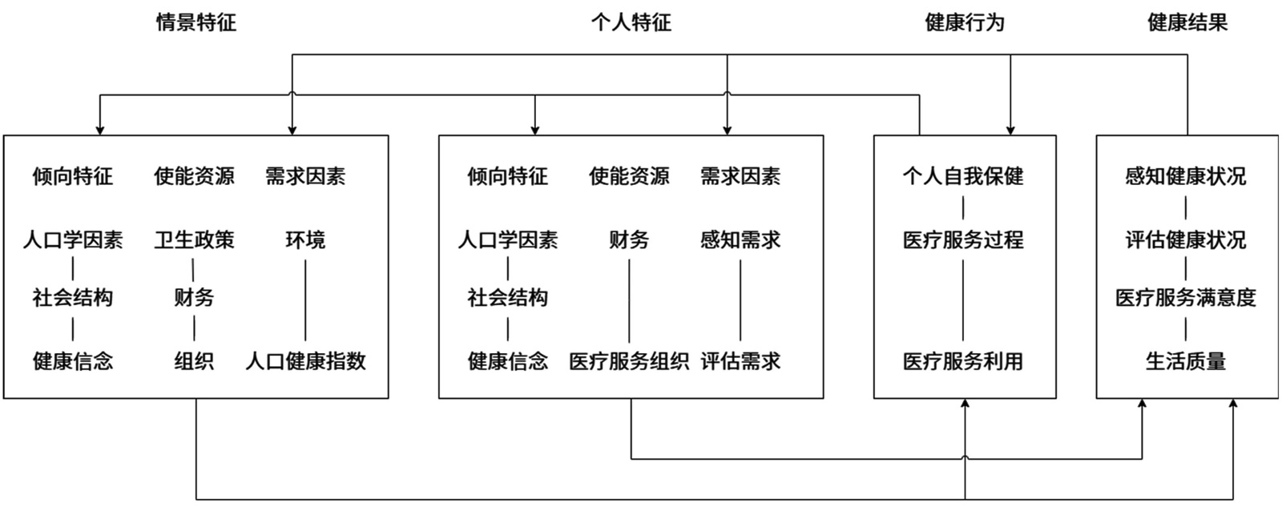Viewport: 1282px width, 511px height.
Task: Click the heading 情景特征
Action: pyautogui.click(x=196, y=22)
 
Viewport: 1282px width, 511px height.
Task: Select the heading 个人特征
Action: pyautogui.click(x=631, y=22)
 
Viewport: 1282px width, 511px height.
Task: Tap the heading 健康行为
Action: pyautogui.click(x=964, y=22)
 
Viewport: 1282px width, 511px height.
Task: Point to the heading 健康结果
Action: pyautogui.click(x=1187, y=22)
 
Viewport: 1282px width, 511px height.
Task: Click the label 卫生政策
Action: pyautogui.click(x=194, y=239)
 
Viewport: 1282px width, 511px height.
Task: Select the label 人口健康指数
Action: pyautogui.click(x=305, y=361)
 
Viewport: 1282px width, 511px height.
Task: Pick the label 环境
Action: pyautogui.click(x=305, y=239)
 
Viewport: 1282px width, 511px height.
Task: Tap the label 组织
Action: pyautogui.click(x=194, y=361)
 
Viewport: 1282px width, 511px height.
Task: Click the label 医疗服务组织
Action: pyautogui.click(x=629, y=361)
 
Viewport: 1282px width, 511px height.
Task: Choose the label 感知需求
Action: pyautogui.click(x=740, y=239)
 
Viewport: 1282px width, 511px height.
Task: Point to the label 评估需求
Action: pyautogui.click(x=740, y=361)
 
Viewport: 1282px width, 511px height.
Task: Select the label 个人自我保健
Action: pyautogui.click(x=963, y=176)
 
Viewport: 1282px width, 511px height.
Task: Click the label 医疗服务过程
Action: pyautogui.click(x=963, y=239)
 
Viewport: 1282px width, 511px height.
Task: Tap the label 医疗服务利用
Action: pyautogui.click(x=963, y=361)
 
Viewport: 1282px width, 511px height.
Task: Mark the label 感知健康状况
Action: pyautogui.click(x=1186, y=176)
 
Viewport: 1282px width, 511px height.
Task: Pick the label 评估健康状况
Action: pyautogui.click(x=1186, y=239)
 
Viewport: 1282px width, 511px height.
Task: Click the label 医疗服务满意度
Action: pyautogui.click(x=1186, y=298)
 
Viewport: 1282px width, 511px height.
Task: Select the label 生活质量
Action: pyautogui.click(x=1186, y=361)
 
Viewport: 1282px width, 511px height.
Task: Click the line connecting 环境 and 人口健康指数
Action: pyautogui.click(x=305, y=300)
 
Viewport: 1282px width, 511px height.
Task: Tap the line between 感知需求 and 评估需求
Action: pyautogui.click(x=740, y=300)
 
